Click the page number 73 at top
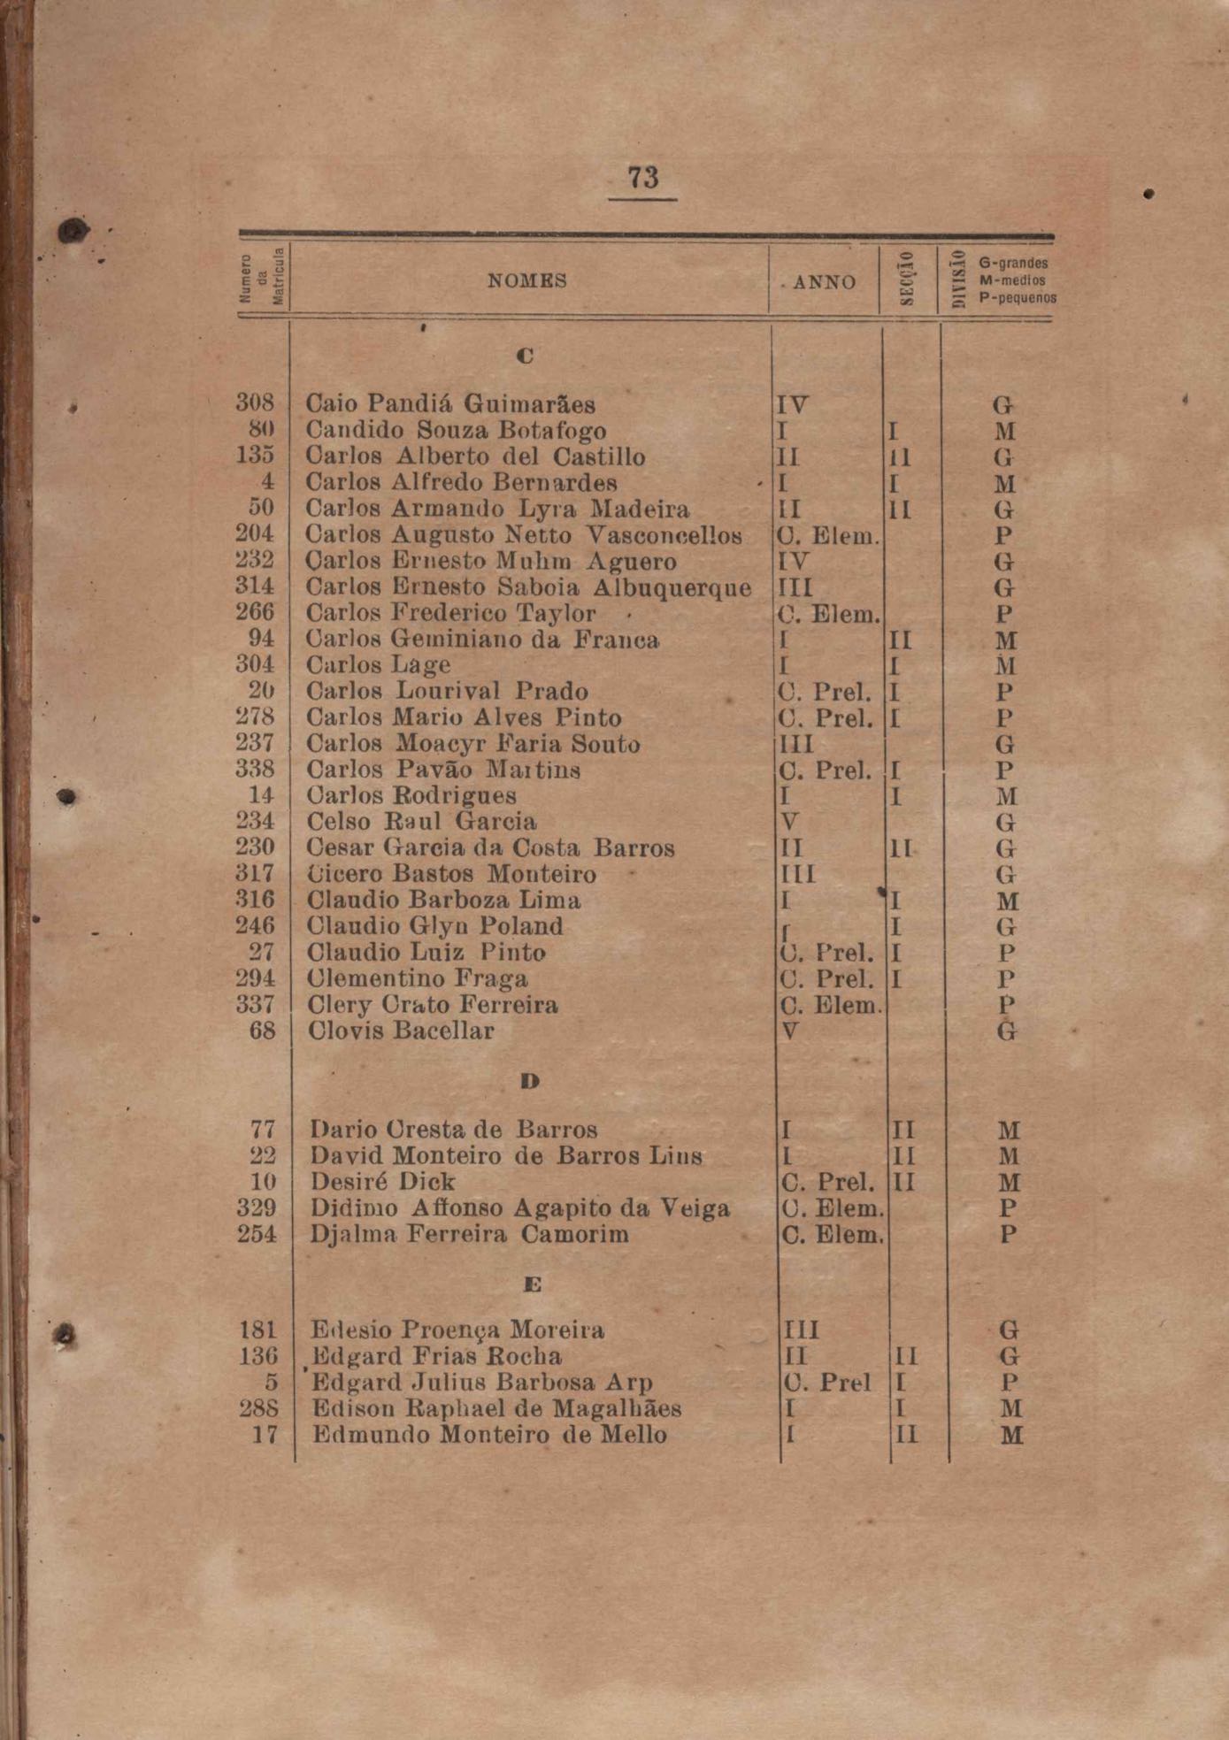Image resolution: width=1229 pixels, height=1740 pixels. tap(643, 177)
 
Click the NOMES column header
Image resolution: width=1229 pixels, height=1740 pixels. tap(526, 281)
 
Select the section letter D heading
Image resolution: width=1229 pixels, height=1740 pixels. tap(530, 1081)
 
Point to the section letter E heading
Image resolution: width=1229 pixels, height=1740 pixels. tap(531, 1284)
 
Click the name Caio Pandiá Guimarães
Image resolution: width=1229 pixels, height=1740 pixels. tap(450, 404)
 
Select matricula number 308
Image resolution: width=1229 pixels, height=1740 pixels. tap(255, 403)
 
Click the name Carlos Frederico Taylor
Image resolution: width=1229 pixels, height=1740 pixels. tap(450, 613)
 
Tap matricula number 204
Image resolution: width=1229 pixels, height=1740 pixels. tap(255, 534)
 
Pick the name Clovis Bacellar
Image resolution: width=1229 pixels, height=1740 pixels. tap(400, 1031)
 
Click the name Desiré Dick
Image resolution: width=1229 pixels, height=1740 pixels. tap(382, 1182)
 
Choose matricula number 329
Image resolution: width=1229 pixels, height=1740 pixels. tap(257, 1207)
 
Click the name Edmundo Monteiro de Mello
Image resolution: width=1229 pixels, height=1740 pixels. tap(489, 1434)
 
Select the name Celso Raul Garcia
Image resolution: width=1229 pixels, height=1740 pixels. tap(421, 822)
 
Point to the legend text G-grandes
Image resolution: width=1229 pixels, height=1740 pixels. tap(1013, 263)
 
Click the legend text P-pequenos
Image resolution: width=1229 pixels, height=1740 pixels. tap(1018, 298)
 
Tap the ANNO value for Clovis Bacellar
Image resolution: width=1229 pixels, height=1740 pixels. tap(790, 1031)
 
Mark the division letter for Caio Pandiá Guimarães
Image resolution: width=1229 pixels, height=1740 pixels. tap(1002, 405)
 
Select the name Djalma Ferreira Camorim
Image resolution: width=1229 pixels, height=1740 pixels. tap(469, 1234)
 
